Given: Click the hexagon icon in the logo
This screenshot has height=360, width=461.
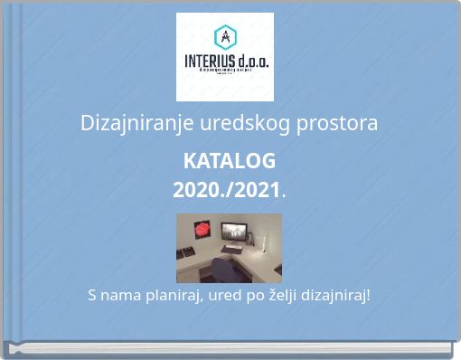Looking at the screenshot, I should [224, 37].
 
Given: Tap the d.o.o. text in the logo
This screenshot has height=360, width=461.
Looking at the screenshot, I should [252, 62].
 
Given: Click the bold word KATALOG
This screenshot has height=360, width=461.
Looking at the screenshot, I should [230, 162].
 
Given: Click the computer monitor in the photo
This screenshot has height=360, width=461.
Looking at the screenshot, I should [233, 232].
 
